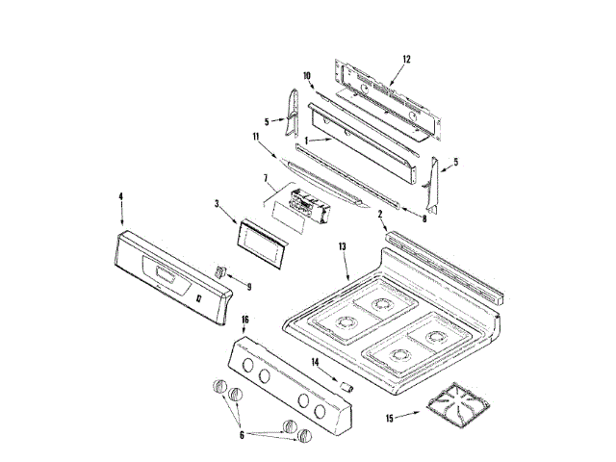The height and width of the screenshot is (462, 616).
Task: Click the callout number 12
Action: (406, 59)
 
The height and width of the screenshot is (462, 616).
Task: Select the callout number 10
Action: (307, 75)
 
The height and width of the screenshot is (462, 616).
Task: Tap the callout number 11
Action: (256, 138)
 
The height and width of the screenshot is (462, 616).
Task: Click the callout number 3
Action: (218, 204)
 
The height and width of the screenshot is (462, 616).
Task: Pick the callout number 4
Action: (121, 196)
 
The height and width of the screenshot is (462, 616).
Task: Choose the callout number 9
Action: (248, 286)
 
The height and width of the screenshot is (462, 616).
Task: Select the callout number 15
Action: (389, 417)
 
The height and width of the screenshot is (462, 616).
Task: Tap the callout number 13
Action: (342, 247)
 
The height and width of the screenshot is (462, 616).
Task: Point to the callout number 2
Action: (380, 213)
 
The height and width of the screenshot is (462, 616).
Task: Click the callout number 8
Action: (424, 219)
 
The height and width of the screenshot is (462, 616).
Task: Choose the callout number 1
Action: (306, 141)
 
